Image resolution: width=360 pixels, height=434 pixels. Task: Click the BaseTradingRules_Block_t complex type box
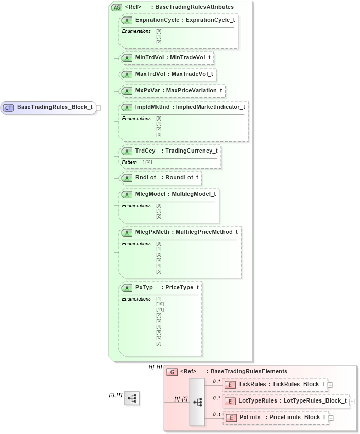coord(48,107)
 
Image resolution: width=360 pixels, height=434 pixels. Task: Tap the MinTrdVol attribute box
coord(167,57)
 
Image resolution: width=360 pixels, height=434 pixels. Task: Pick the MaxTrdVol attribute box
coord(167,74)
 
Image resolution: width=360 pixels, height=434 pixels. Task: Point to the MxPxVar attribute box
coord(172,90)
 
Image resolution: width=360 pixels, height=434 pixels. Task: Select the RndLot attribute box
coord(160,178)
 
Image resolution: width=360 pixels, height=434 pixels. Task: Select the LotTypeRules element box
coord(286,400)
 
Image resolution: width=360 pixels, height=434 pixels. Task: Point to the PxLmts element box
coord(275,417)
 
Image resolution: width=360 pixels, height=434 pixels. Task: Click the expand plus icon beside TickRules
coord(330,385)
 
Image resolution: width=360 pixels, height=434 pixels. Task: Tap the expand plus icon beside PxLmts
coord(331,418)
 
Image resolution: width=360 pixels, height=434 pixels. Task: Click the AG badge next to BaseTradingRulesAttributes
coord(116,7)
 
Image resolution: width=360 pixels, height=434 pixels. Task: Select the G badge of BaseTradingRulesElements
coord(173,371)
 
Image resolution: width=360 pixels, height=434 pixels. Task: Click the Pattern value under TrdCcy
coord(147,162)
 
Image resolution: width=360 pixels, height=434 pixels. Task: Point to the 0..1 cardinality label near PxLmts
coord(216,414)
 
